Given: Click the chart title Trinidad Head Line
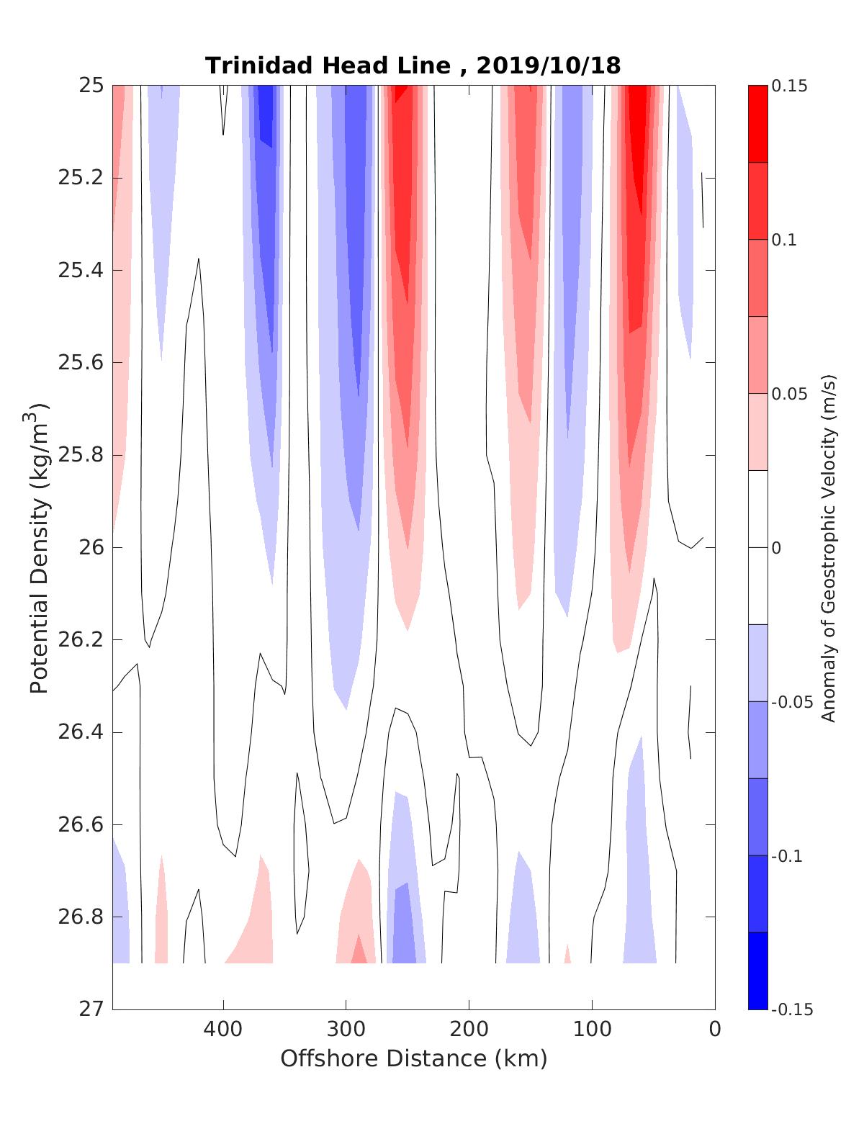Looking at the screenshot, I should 328,66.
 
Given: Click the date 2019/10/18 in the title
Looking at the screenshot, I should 548,66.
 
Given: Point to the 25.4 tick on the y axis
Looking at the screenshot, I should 80,271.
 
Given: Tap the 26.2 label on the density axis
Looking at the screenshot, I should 80,640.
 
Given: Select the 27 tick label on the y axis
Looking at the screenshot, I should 91,1009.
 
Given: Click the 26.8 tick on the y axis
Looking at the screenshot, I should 80,917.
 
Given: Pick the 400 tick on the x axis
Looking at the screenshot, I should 223,1030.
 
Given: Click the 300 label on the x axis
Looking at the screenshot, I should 346,1030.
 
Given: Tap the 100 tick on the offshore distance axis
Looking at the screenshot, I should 592,1030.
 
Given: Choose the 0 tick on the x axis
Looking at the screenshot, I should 715,1030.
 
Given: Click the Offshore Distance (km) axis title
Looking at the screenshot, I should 413,1058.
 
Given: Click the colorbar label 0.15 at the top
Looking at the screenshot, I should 789,86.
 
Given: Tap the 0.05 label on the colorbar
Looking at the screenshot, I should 789,395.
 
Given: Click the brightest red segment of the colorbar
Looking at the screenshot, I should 757,124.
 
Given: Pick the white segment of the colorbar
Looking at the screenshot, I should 757,547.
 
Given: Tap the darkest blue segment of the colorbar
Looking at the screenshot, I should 757,971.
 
